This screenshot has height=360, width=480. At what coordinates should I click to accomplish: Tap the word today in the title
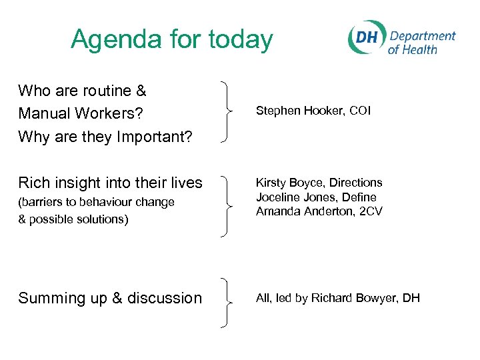(241, 40)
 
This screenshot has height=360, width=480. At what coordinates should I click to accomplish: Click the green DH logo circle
(366, 38)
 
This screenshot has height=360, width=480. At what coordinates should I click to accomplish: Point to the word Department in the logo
(422, 37)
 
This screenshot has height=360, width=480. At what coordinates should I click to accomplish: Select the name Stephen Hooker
(293, 111)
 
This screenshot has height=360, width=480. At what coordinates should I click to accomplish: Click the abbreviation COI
(359, 111)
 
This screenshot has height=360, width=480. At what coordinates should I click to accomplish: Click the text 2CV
(370, 212)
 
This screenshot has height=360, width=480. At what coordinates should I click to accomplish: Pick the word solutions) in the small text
(105, 219)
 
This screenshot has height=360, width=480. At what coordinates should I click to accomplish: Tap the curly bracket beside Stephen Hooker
(227, 111)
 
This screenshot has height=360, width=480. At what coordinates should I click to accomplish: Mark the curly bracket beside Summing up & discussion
(227, 303)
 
